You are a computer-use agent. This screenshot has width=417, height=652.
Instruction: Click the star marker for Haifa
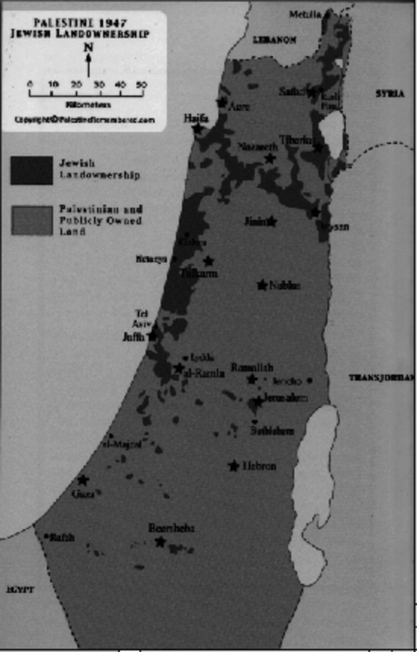(198, 129)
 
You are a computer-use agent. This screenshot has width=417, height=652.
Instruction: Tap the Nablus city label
(285, 285)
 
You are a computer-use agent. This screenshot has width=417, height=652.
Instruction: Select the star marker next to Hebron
(234, 466)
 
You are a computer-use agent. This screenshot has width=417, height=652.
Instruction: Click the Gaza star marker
(83, 480)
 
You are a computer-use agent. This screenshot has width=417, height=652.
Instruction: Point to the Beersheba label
(171, 528)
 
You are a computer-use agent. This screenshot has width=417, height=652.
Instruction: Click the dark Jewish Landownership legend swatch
(31, 170)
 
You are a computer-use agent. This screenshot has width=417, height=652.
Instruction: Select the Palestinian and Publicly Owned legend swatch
(31, 220)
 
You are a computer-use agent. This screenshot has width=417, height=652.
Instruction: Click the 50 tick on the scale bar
(141, 85)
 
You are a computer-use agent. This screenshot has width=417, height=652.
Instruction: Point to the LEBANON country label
(274, 41)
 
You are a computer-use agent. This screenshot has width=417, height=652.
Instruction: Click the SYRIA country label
(389, 93)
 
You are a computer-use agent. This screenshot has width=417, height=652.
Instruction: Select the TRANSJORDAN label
(381, 377)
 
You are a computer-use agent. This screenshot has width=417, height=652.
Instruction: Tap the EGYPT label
(20, 590)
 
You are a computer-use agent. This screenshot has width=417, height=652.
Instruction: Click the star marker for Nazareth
(271, 158)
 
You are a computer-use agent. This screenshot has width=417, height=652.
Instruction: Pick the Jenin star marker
(271, 221)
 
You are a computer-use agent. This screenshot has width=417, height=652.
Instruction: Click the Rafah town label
(63, 538)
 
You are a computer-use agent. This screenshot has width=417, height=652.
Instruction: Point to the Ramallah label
(252, 367)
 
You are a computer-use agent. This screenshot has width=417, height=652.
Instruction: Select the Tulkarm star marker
(208, 261)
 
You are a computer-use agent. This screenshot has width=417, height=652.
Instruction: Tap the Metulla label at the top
(305, 14)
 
